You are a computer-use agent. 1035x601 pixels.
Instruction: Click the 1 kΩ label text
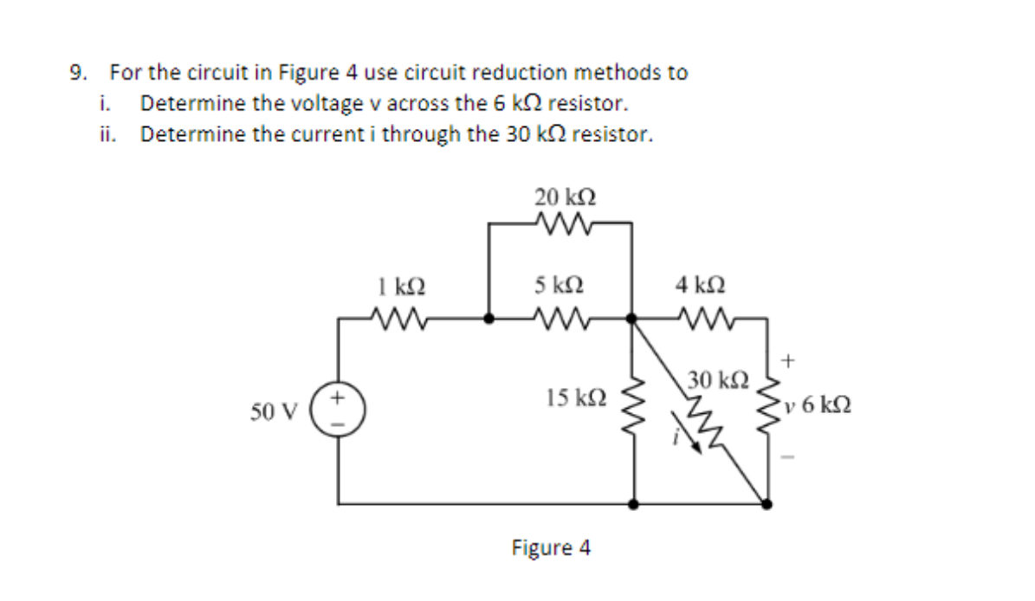(401, 285)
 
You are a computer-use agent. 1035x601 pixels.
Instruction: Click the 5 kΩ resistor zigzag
(560, 319)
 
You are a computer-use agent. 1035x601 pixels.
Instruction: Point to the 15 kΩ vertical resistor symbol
(635, 399)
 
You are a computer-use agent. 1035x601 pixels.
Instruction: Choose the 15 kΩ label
(576, 398)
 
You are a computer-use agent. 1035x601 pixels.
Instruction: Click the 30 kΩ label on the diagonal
(713, 379)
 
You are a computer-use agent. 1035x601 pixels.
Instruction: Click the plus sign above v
(787, 357)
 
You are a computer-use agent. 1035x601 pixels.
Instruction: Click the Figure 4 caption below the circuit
(552, 548)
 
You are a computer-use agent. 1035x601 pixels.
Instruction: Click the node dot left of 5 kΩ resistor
(489, 319)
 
